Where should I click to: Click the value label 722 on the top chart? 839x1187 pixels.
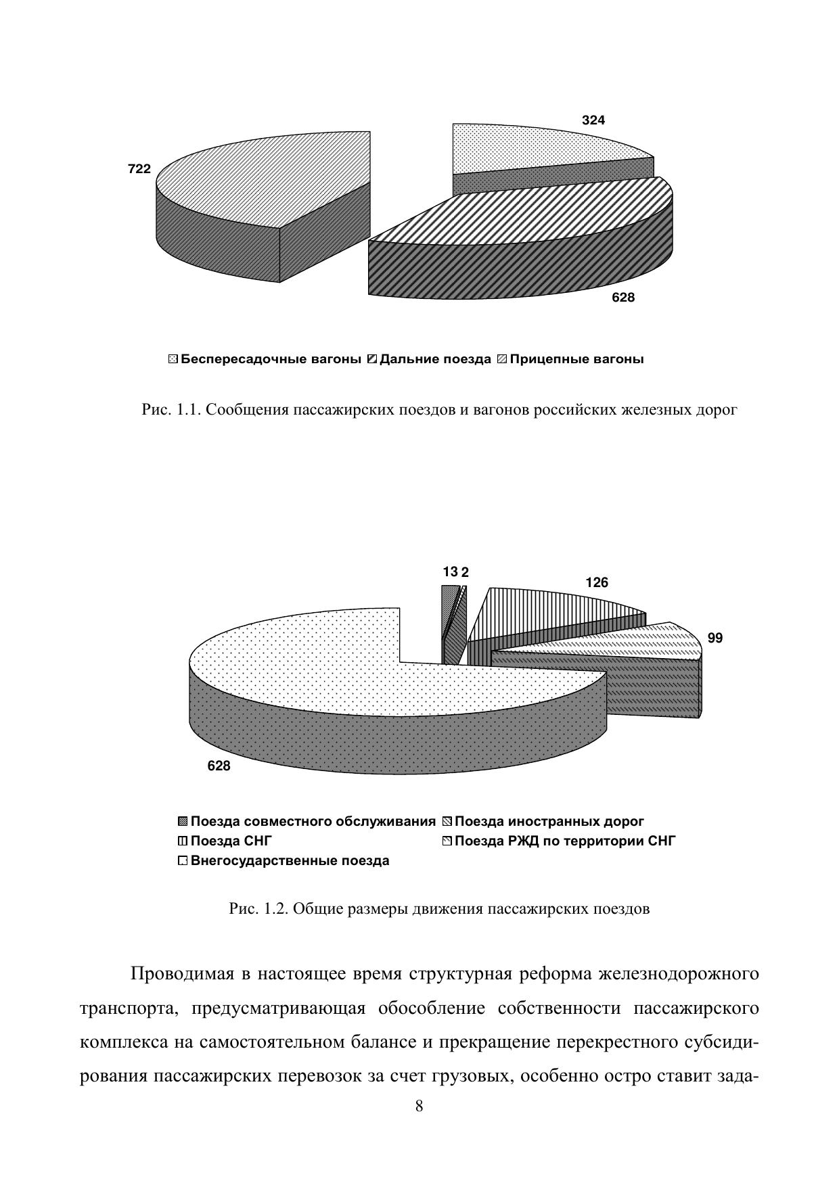point(139,169)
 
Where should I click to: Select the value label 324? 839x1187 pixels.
point(593,120)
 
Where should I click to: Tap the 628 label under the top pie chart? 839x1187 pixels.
point(623,297)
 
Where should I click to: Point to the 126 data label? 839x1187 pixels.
point(596,582)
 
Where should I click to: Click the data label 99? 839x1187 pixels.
point(715,638)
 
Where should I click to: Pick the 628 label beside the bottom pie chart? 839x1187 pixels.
point(219,766)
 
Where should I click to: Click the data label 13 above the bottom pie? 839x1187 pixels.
point(451,572)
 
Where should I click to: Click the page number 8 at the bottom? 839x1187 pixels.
point(419,1107)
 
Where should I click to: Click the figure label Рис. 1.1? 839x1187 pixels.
point(169,410)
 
